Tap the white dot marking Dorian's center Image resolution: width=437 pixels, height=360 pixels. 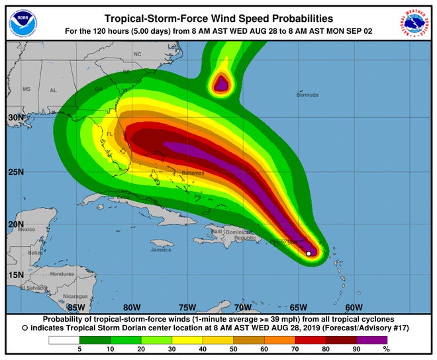point(309,253)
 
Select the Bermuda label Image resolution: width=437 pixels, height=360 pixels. point(308,95)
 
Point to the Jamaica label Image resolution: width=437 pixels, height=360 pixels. point(161,249)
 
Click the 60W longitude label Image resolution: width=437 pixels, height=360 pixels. point(354,307)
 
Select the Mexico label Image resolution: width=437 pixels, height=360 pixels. point(26,229)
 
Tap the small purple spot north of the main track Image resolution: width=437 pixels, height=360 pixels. point(220,83)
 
